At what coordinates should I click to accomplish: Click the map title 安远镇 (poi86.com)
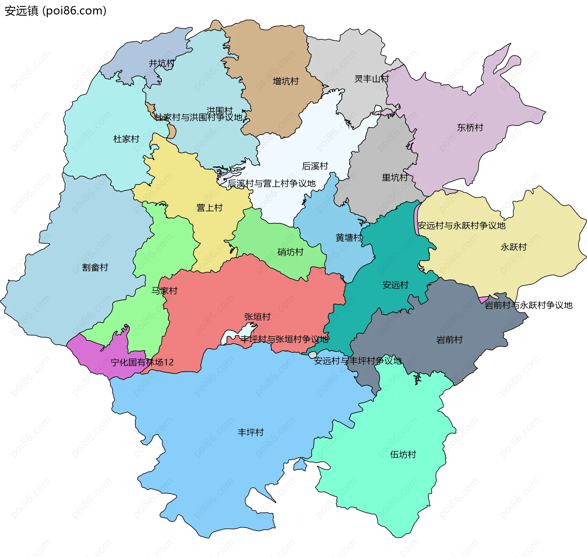(x=55, y=11)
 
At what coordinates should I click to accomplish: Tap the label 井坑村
(x=161, y=63)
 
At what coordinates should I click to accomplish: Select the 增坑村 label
(x=286, y=81)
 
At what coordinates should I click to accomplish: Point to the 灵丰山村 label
(x=371, y=79)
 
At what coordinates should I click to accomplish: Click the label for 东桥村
(x=470, y=127)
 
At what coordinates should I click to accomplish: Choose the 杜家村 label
(x=126, y=139)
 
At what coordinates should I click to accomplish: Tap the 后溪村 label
(x=315, y=166)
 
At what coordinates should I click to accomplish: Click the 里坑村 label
(x=395, y=177)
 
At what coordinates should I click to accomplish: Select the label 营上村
(x=209, y=208)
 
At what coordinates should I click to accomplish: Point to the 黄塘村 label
(x=349, y=238)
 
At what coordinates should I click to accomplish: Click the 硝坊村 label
(x=290, y=252)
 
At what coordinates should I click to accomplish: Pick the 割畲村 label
(x=95, y=267)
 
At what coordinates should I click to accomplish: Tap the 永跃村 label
(x=514, y=247)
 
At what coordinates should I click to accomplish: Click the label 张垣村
(x=257, y=317)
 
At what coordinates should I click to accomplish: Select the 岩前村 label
(x=449, y=340)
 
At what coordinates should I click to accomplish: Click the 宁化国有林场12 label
(x=142, y=362)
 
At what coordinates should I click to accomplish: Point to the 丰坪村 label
(x=251, y=432)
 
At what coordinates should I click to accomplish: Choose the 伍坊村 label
(x=403, y=455)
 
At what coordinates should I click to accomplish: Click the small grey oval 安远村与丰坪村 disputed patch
(x=312, y=355)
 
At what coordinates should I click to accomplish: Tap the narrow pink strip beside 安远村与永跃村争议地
(x=416, y=219)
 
